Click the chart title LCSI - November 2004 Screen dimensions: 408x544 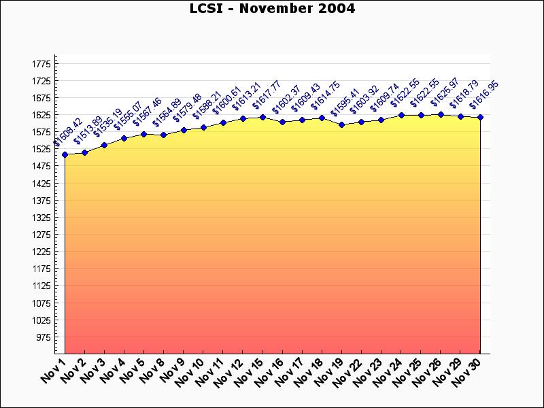click(272, 9)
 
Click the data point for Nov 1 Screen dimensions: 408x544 click(65, 155)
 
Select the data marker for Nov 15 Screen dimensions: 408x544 click(262, 117)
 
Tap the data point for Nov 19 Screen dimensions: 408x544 click(341, 125)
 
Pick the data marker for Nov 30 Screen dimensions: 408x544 click(480, 118)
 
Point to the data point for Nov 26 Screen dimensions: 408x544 click(441, 114)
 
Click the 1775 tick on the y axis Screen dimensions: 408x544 click(41, 64)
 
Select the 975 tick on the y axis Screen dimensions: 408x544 click(43, 337)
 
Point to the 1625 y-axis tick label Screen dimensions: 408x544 click(41, 115)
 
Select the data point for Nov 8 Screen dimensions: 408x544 click(164, 135)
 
